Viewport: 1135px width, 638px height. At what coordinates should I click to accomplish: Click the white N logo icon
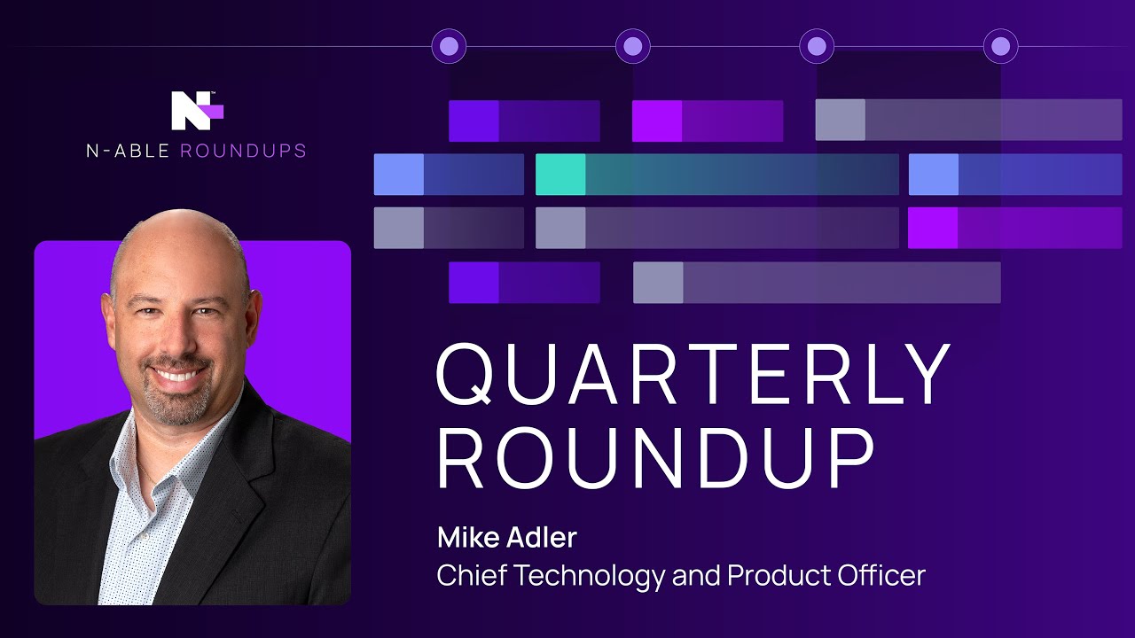[x=197, y=111]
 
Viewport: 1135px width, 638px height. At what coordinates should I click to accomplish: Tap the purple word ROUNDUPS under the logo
[x=243, y=151]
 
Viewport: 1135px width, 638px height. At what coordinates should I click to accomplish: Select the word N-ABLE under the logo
[x=128, y=151]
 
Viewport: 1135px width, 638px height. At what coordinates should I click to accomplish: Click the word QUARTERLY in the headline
[x=693, y=375]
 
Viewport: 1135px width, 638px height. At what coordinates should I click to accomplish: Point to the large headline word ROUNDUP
[x=655, y=457]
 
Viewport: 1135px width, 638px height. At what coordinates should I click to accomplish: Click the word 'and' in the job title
[x=696, y=575]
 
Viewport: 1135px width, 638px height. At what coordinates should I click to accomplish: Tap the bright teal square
[x=560, y=175]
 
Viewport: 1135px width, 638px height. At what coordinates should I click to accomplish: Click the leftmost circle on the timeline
[x=449, y=46]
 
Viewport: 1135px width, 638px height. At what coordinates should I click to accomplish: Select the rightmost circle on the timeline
[x=1001, y=46]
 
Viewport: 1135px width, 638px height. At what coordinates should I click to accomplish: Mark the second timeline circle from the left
[x=633, y=46]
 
